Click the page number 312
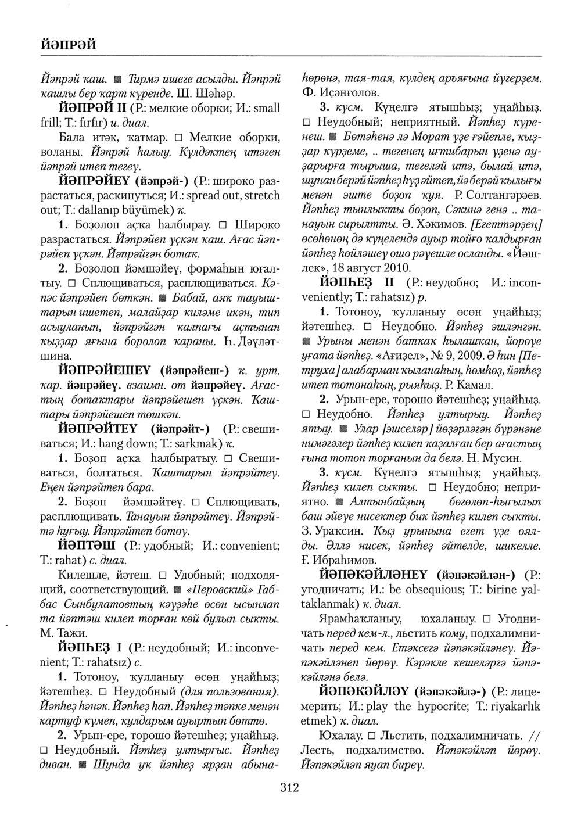coord(289,787)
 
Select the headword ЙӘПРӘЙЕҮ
coord(95,180)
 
